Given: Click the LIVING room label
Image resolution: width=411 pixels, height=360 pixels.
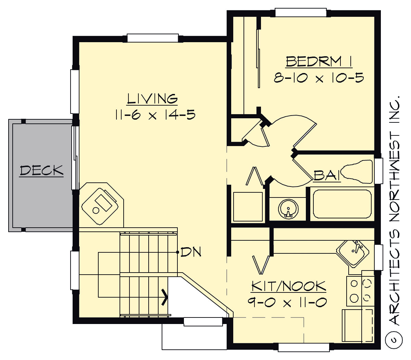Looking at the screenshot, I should [152, 99].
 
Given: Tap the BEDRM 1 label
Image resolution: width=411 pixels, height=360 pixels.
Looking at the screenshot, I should [319, 62].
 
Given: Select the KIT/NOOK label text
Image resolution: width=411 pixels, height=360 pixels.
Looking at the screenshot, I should [288, 286].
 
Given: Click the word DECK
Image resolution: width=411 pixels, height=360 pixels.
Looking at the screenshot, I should [41, 170].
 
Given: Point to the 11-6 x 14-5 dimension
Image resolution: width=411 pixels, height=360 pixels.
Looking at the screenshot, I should [155, 115].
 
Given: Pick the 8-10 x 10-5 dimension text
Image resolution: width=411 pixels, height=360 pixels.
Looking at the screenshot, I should [319, 78].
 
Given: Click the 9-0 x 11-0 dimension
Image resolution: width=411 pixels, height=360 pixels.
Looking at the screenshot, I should [287, 302].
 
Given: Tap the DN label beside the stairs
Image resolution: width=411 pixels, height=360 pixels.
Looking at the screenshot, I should [191, 252].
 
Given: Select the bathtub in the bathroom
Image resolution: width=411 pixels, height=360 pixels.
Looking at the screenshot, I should [342, 204].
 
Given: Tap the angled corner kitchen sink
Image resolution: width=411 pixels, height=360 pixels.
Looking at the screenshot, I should [353, 253].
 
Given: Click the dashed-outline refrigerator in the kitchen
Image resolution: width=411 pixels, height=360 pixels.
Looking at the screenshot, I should [358, 325].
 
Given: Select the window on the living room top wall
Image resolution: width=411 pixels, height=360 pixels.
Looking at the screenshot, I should [153, 38].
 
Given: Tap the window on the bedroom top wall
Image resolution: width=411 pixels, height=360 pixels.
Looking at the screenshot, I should [301, 13].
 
